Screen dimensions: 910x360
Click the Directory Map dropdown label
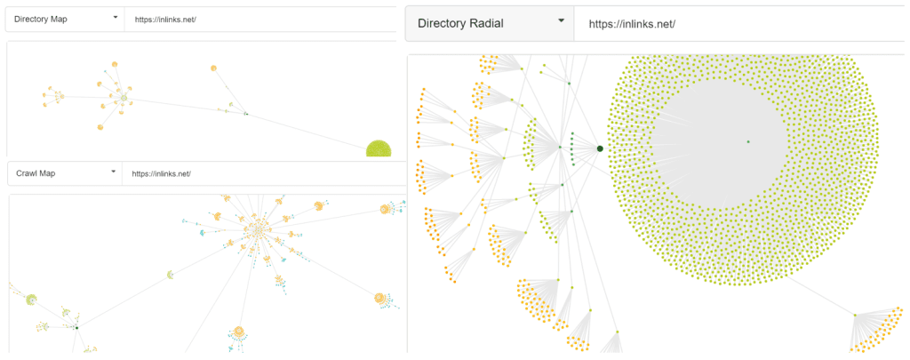[x=41, y=20]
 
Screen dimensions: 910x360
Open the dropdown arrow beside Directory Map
[x=116, y=18]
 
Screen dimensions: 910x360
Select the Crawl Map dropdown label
[x=36, y=173]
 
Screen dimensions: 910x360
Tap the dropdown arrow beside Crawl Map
[x=113, y=172]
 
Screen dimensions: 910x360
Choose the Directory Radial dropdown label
[x=460, y=24]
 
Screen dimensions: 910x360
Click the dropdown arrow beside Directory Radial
[x=561, y=21]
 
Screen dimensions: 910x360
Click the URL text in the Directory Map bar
[x=166, y=20]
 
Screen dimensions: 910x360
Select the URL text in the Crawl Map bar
[x=162, y=173]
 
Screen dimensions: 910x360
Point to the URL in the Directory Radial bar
[x=632, y=24]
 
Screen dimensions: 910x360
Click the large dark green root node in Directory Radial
[x=600, y=148]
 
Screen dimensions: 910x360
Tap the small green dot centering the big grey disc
[x=748, y=141]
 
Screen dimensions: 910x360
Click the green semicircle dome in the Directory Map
[x=379, y=149]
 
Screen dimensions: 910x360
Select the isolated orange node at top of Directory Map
[x=213, y=68]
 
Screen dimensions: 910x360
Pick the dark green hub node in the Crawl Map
[x=76, y=327]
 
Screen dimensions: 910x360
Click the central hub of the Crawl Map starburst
[x=257, y=228]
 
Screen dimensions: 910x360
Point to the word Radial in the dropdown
[x=483, y=24]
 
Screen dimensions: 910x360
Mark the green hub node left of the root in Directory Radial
[x=560, y=147]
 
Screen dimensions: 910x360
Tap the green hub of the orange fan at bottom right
[x=855, y=315]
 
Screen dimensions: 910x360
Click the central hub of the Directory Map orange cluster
[x=124, y=99]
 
